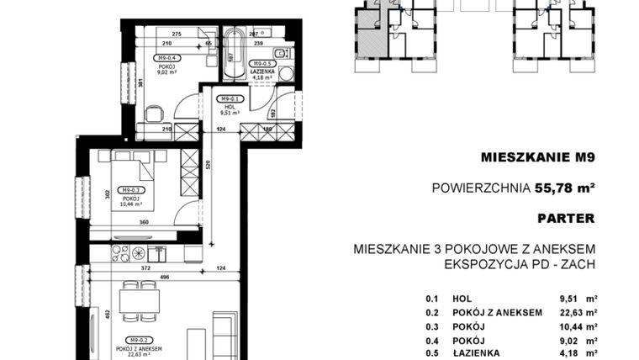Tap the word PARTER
click(x=565, y=218)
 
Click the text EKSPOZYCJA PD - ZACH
click(x=520, y=264)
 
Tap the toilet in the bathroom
click(x=285, y=74)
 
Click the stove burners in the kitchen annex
click(x=133, y=251)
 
